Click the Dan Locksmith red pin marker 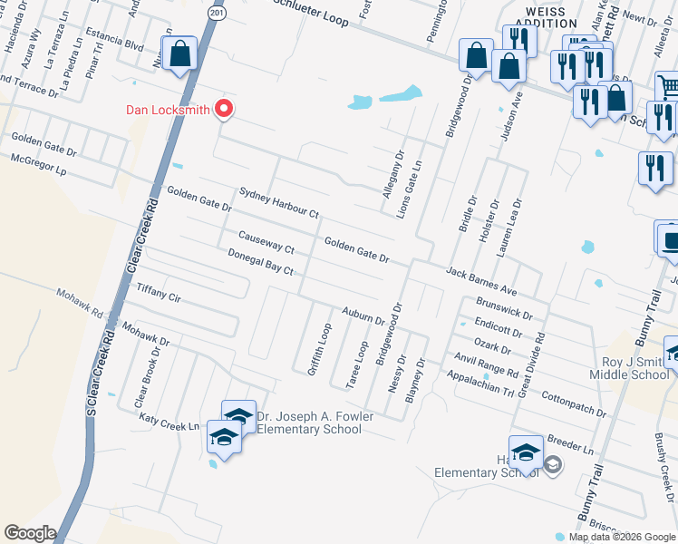click(223, 110)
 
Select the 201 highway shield click(212, 14)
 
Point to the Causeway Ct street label click(266, 242)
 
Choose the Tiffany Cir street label click(159, 293)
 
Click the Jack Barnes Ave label click(481, 281)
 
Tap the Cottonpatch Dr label click(573, 404)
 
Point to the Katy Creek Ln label click(169, 423)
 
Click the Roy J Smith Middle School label click(629, 367)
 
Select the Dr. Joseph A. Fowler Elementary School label click(308, 423)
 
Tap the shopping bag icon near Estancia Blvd click(180, 54)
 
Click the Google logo click(30, 533)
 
